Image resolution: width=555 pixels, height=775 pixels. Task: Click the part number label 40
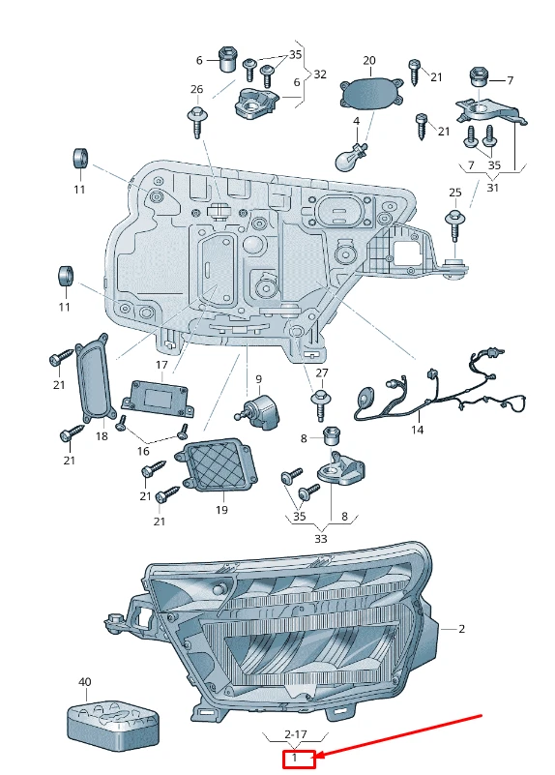(85, 682)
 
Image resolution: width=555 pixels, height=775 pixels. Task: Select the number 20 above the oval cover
(369, 60)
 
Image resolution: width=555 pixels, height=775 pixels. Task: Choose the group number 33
(321, 538)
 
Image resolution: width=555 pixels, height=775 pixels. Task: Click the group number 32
(320, 74)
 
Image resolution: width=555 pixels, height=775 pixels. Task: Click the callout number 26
(197, 90)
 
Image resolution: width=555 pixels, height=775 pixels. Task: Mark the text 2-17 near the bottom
(294, 735)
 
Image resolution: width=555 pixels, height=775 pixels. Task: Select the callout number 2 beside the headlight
(461, 629)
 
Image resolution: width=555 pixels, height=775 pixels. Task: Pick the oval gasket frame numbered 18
(95, 380)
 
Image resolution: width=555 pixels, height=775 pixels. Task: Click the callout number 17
(161, 365)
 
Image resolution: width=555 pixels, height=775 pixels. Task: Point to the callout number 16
(143, 451)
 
